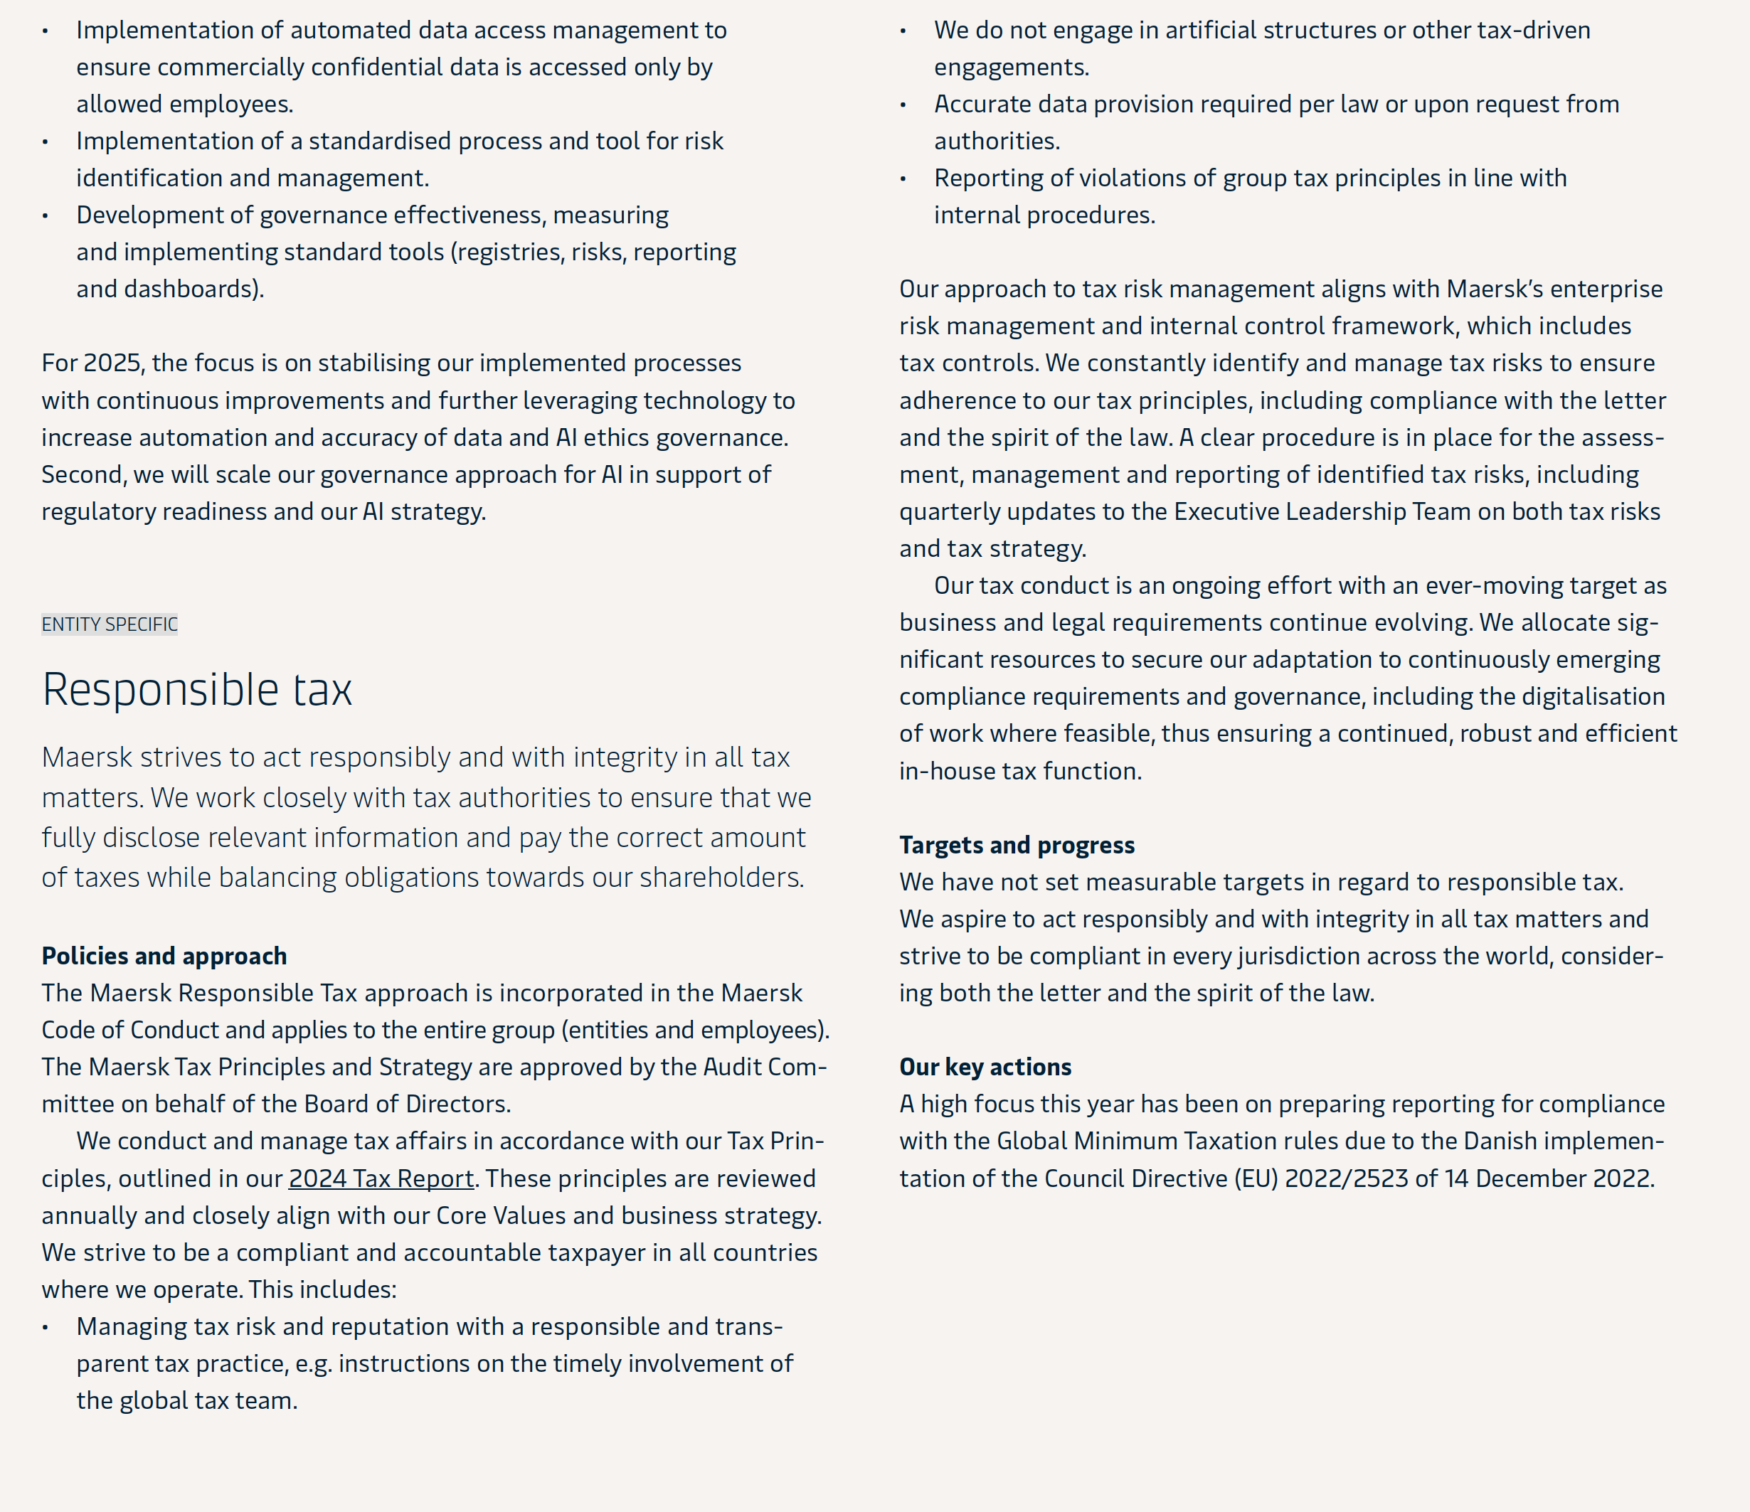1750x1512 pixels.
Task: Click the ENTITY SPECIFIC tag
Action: [110, 624]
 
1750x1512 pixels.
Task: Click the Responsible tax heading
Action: [197, 690]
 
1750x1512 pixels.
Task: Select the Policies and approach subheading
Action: [164, 956]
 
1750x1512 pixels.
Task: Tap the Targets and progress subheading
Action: [1016, 845]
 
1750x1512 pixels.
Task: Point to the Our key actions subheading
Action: [985, 1067]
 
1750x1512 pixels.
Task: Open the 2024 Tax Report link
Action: [381, 1178]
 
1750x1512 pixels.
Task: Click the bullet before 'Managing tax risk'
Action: [46, 1328]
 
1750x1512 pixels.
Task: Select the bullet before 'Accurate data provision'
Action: [903, 105]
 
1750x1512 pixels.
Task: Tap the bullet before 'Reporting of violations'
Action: [903, 179]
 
